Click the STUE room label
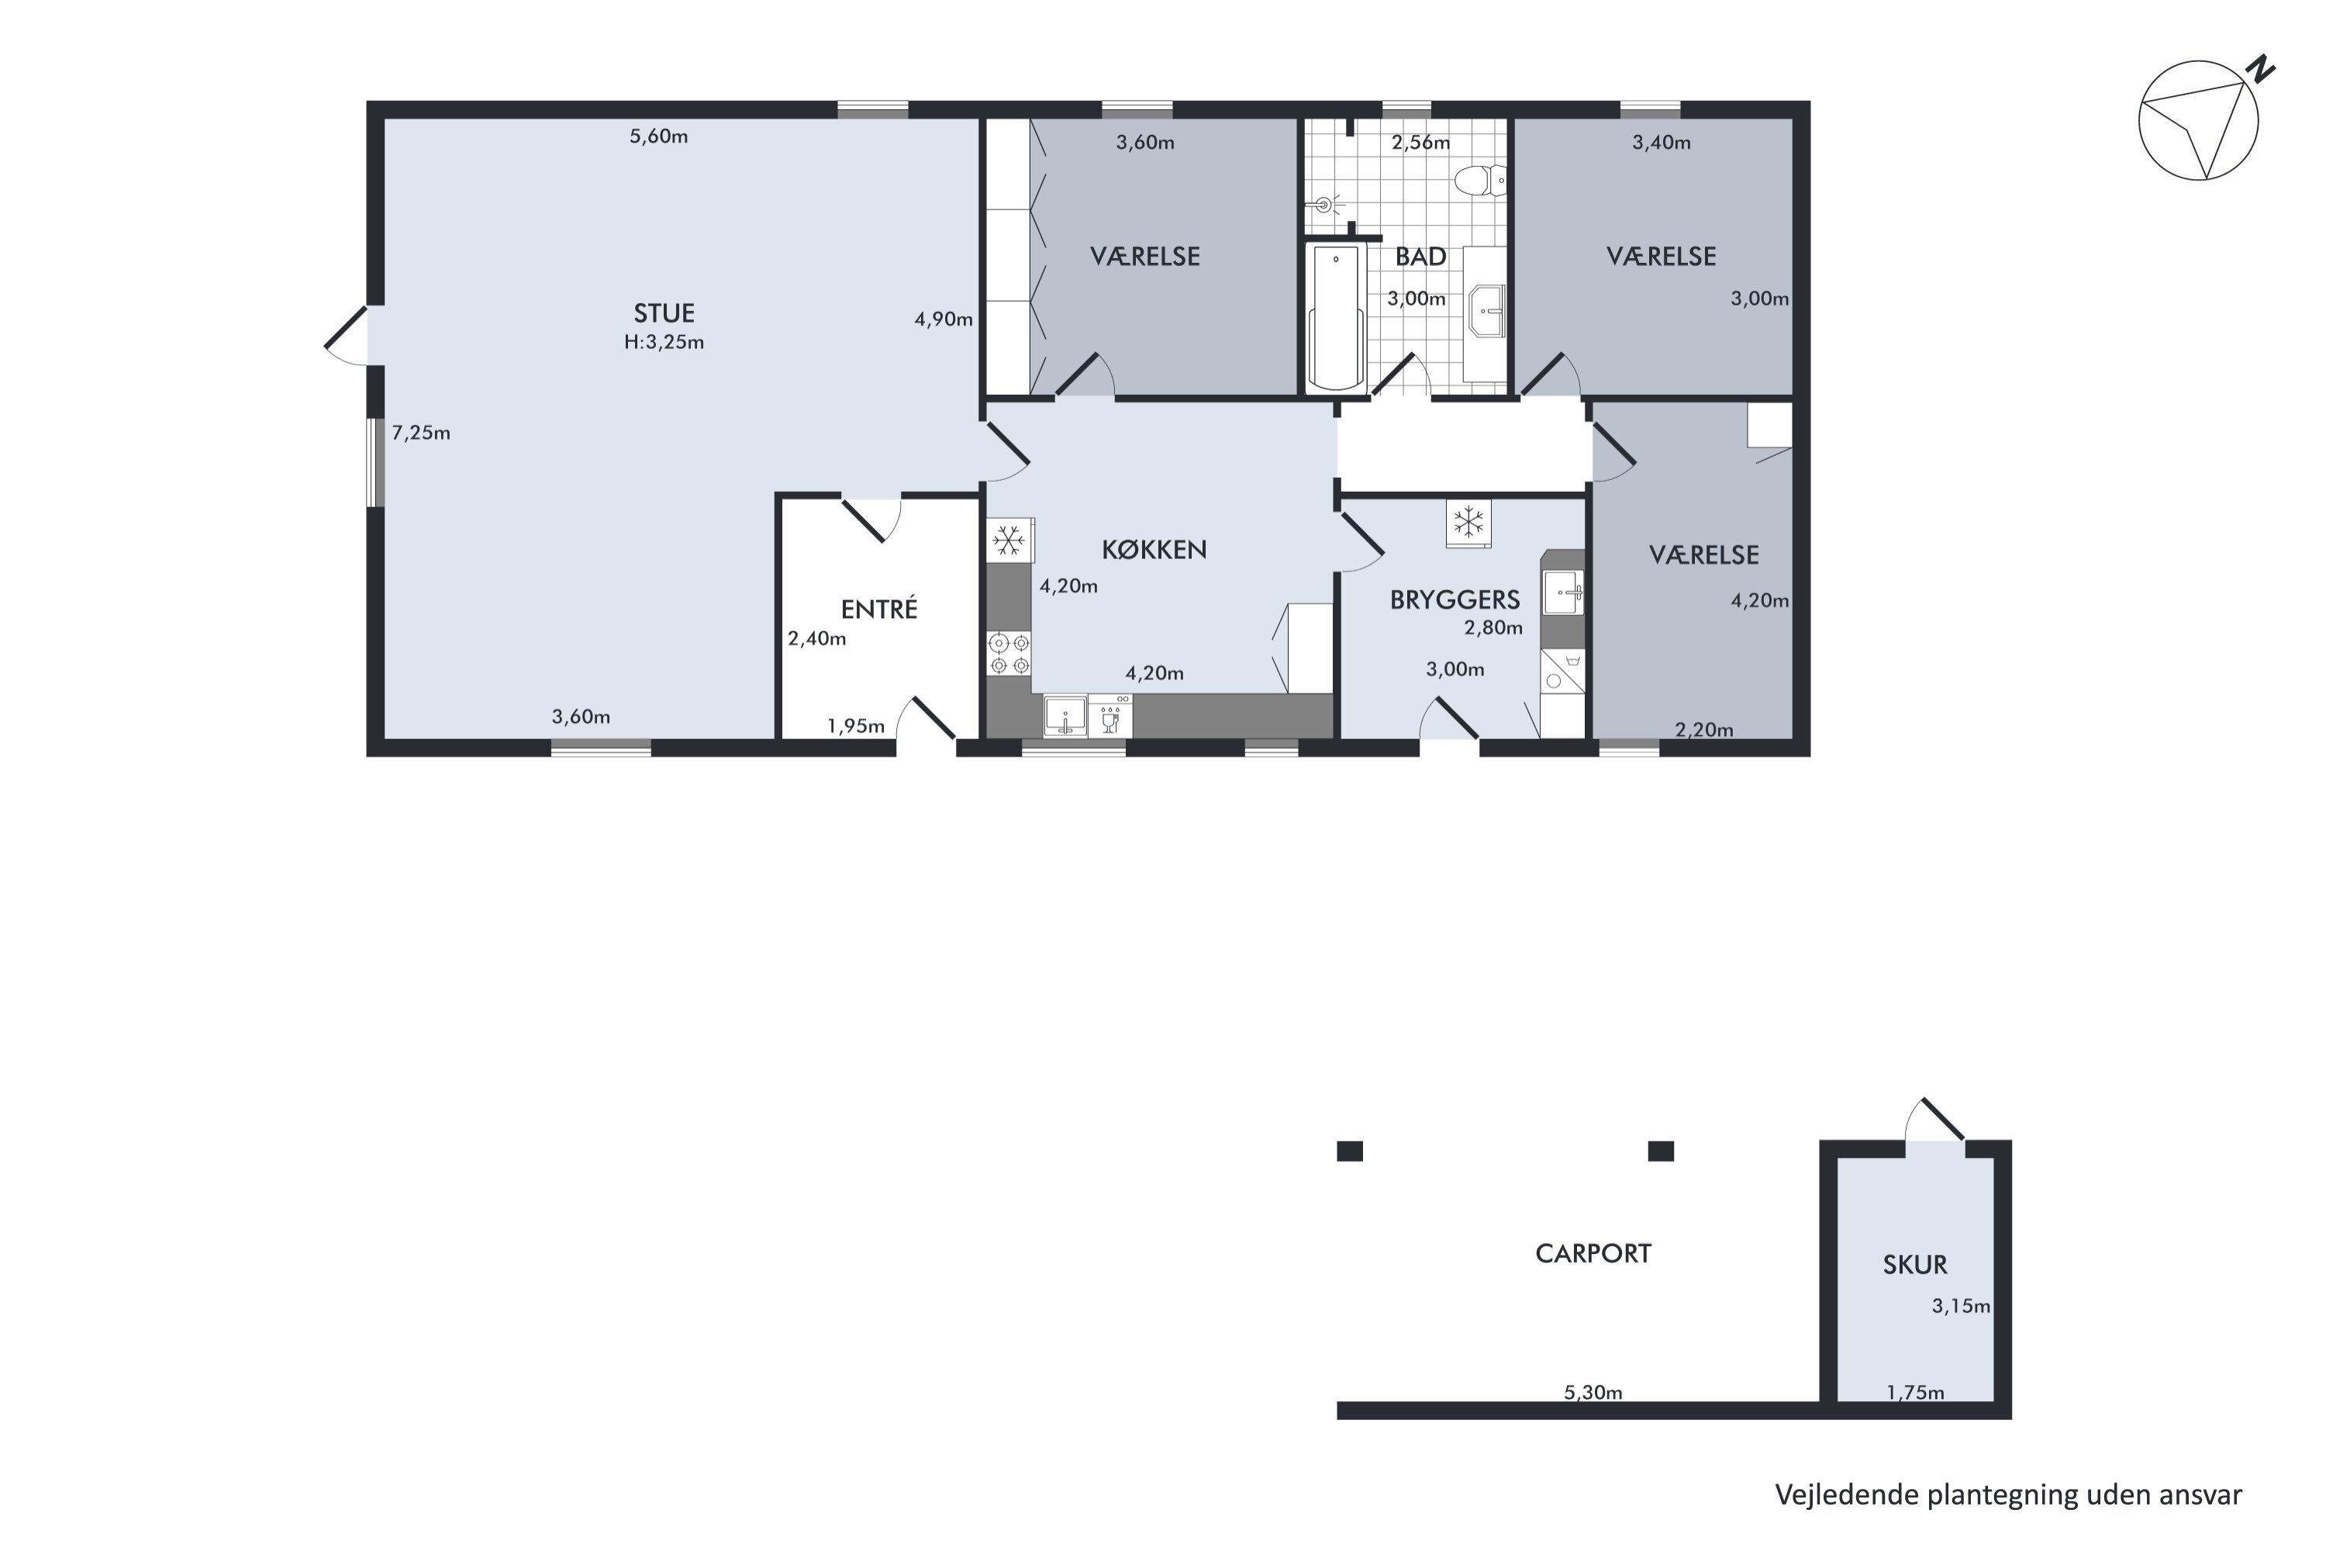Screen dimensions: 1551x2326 664,313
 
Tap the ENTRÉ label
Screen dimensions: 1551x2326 878,610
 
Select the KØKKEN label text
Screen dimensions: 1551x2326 1153,550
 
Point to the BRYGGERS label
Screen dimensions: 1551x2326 1454,599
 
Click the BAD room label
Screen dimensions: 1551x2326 1420,257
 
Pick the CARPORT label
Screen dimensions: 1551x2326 1593,1254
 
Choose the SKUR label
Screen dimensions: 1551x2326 1914,1265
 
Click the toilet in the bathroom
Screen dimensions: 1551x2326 1479,180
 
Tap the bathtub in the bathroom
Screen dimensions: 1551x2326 1335,316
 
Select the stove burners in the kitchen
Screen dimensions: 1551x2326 1009,654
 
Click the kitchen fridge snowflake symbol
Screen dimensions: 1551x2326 1008,540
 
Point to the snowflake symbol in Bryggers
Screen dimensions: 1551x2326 1468,521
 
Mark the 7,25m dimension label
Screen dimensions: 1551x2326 420,434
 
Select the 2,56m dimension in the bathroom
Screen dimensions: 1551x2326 1420,143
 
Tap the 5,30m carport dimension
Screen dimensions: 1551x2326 1593,1393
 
